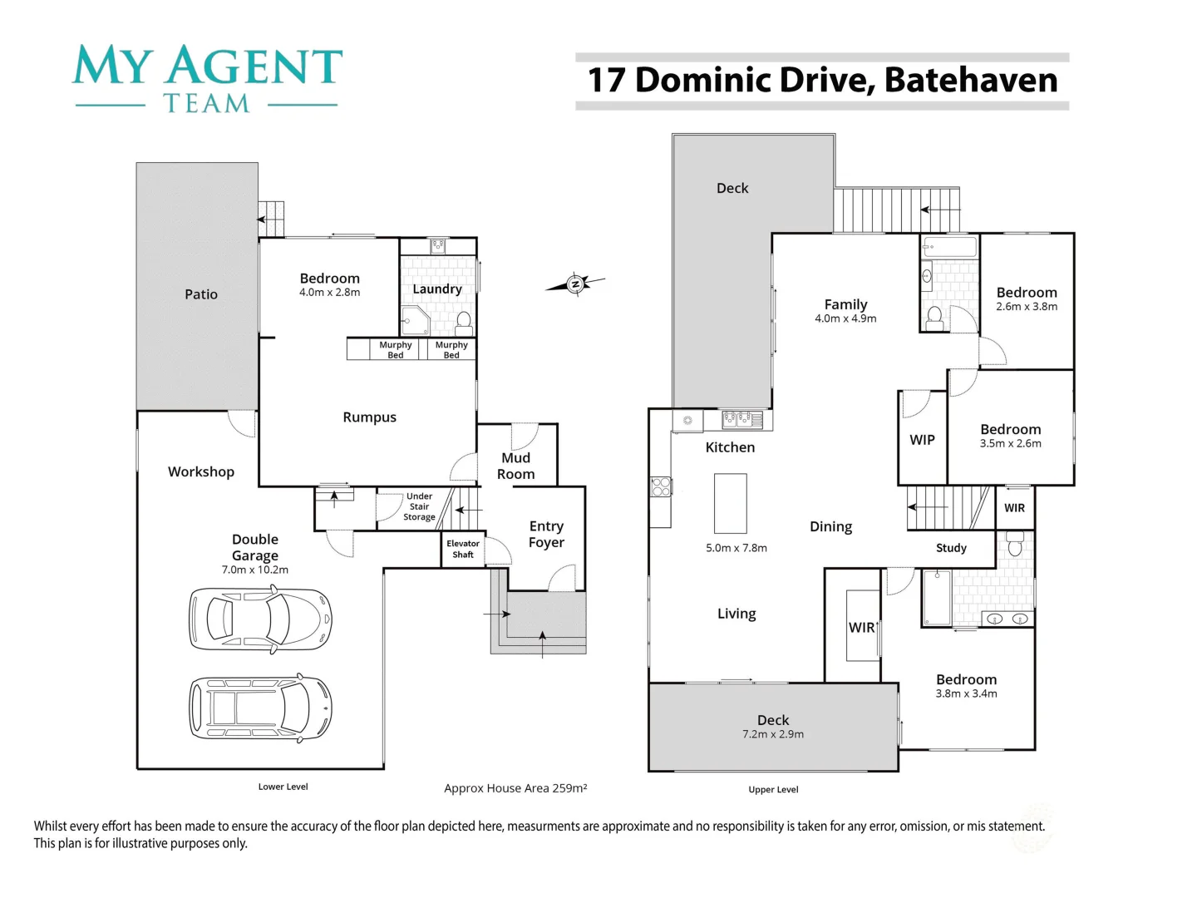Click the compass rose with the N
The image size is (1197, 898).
point(575,284)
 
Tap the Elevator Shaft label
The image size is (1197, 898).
point(463,549)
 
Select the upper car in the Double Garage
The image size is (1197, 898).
point(260,618)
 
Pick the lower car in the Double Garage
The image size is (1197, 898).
point(260,708)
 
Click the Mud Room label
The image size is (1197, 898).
point(515,466)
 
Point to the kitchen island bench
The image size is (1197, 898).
point(730,503)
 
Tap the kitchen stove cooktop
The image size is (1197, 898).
point(661,486)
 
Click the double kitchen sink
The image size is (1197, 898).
point(736,419)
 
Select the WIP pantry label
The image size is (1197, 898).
point(922,440)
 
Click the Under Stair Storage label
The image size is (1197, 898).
point(419,506)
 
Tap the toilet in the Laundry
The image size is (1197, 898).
point(464,322)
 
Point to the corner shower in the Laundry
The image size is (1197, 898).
point(414,320)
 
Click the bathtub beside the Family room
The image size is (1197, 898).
point(949,247)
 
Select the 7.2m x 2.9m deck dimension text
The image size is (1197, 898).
point(773,734)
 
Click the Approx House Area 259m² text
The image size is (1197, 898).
point(515,788)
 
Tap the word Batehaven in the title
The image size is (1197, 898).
point(970,80)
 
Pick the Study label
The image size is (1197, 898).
point(951,548)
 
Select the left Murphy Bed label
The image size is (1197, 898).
point(396,350)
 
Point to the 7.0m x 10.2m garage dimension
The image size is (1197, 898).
point(255,570)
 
